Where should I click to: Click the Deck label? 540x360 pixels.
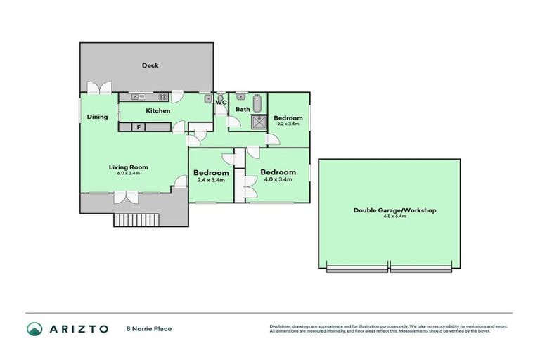pyautogui.click(x=150, y=65)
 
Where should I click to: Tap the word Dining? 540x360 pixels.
pyautogui.click(x=97, y=117)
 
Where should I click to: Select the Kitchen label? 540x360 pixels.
pyautogui.click(x=157, y=111)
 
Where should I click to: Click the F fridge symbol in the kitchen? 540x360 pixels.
pyautogui.click(x=139, y=127)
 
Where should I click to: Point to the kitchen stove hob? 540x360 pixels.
pyautogui.click(x=162, y=97)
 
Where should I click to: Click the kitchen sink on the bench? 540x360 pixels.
pyautogui.click(x=136, y=97)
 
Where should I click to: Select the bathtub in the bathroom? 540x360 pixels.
pyautogui.click(x=257, y=103)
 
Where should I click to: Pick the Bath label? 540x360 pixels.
pyautogui.click(x=242, y=110)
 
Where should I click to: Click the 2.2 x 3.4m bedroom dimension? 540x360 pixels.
pyautogui.click(x=288, y=124)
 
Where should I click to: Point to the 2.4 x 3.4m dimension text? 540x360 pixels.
pyautogui.click(x=211, y=180)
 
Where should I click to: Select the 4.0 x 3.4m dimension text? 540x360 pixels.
pyautogui.click(x=277, y=179)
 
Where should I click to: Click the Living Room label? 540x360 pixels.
pyautogui.click(x=128, y=167)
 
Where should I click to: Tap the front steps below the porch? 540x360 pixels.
pyautogui.click(x=133, y=220)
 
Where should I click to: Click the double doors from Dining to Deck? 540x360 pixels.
pyautogui.click(x=99, y=88)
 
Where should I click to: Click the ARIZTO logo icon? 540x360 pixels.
pyautogui.click(x=34, y=328)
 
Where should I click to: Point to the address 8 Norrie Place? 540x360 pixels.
pyautogui.click(x=148, y=328)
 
